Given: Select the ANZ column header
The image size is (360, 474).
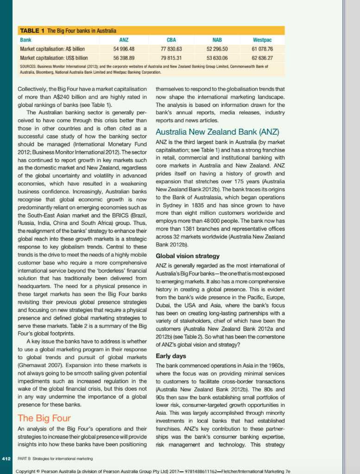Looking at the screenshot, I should (x=124, y=40).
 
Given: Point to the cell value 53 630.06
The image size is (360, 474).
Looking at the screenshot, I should (x=217, y=58).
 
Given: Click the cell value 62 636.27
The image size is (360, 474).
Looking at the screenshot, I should (x=262, y=58).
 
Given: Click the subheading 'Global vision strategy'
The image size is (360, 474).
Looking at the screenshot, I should (x=188, y=256).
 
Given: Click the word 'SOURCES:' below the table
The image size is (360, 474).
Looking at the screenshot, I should (x=28, y=67).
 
